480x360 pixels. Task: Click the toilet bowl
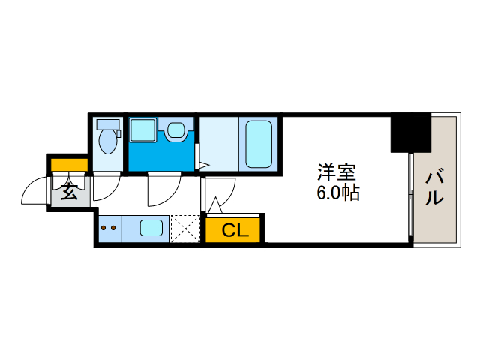tap(109, 140)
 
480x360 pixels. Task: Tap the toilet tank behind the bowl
tap(109, 124)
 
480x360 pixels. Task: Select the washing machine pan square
tap(141, 130)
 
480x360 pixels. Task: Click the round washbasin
tap(175, 130)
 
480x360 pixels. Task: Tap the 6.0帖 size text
tap(337, 193)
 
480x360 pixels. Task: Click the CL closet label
tap(235, 230)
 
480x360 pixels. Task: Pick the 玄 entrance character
tap(69, 192)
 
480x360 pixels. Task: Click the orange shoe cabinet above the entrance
tap(69, 164)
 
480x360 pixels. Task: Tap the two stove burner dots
tap(109, 228)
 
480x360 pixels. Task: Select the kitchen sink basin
tap(152, 227)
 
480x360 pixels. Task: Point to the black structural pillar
tap(410, 132)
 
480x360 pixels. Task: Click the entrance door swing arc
tap(34, 191)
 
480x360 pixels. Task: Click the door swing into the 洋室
tap(220, 193)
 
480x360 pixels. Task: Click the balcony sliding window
tap(411, 195)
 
